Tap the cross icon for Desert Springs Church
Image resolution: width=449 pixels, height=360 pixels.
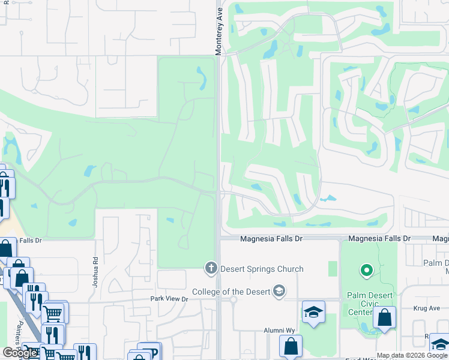point(211,268)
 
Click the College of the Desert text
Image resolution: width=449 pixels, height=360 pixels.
point(231,292)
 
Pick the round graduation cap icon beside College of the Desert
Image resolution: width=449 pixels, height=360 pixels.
point(279,292)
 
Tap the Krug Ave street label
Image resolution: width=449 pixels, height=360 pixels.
point(426,308)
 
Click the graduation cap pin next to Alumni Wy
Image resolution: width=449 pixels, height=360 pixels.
point(313,313)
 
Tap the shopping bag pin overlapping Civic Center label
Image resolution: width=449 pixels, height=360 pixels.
point(384,318)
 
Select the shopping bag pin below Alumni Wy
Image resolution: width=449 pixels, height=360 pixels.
point(291,346)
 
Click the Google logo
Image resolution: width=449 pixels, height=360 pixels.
point(20,353)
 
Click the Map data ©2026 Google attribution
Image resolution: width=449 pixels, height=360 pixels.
point(411,355)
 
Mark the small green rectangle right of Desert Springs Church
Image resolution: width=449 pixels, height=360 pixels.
point(333,268)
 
